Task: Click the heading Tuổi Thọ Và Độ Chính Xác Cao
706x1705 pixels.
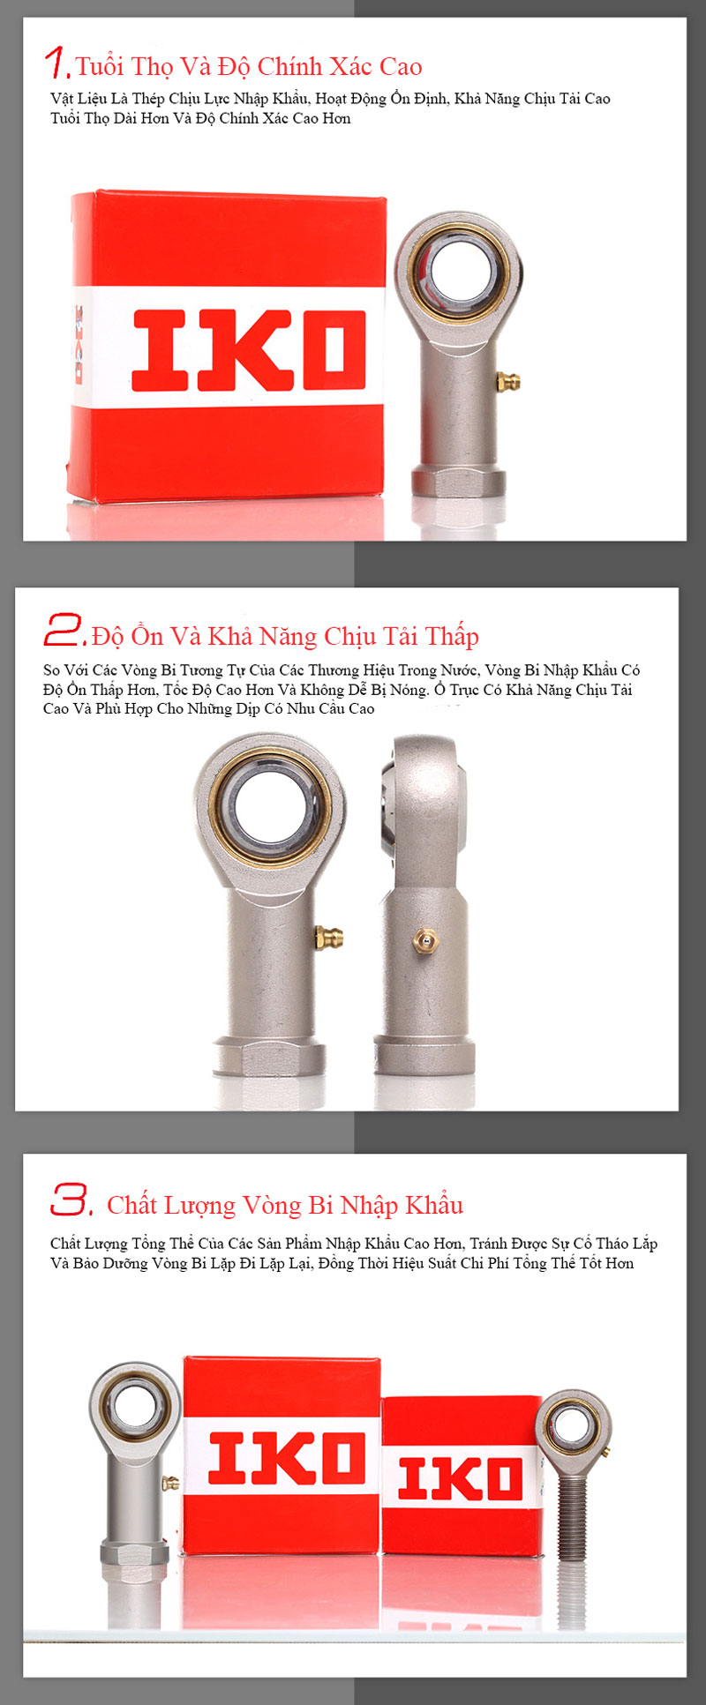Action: click(249, 66)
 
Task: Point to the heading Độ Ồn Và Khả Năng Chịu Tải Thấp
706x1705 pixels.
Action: click(285, 636)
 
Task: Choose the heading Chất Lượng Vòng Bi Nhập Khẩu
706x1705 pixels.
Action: click(285, 1205)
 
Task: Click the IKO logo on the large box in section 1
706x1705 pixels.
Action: click(248, 350)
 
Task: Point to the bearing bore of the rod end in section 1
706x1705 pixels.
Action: click(460, 267)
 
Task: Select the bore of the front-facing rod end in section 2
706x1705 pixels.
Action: click(271, 806)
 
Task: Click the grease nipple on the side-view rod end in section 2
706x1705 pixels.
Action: click(424, 941)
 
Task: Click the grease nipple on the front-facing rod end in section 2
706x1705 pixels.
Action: click(329, 937)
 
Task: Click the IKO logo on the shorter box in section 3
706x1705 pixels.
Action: click(460, 1478)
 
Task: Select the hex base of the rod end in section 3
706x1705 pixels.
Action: click(134, 1553)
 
